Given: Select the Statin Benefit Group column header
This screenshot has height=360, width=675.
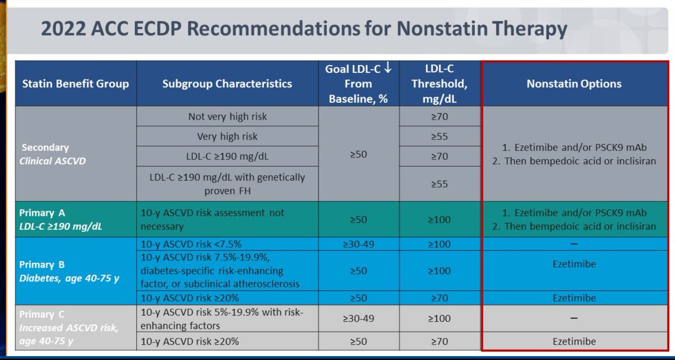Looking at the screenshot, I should (75, 84).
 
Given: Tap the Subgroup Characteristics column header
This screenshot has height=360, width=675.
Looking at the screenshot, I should (227, 84).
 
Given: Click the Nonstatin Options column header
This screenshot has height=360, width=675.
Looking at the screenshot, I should (574, 84).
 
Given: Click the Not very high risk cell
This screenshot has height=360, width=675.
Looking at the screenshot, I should (227, 116).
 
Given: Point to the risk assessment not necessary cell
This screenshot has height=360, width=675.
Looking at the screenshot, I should (227, 220).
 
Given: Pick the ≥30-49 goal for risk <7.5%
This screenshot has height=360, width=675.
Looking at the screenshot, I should (358, 244).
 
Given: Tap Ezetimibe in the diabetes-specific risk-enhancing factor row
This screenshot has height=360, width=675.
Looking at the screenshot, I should (574, 264).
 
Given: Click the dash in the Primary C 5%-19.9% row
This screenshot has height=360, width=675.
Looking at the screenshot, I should (574, 318).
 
